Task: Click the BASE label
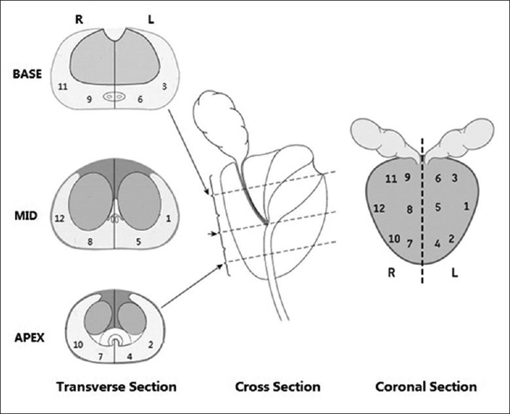click(27, 74)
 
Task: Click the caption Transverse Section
click(116, 387)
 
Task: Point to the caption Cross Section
click(278, 387)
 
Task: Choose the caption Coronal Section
click(426, 387)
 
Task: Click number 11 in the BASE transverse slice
click(63, 86)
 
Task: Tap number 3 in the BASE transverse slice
click(165, 86)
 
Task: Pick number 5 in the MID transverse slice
click(139, 241)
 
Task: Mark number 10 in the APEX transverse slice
click(78, 344)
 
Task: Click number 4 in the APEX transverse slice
click(128, 356)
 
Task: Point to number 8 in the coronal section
click(409, 209)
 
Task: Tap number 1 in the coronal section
click(465, 207)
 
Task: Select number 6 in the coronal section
click(438, 177)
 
